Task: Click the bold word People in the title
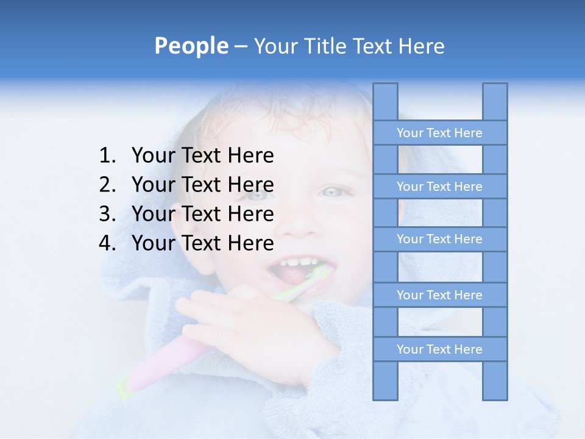(191, 46)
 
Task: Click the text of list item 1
(202, 156)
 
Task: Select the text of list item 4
(202, 243)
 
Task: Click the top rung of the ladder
(439, 133)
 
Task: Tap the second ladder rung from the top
(439, 187)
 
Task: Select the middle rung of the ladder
(439, 239)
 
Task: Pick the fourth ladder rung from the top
(439, 295)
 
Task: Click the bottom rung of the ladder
(439, 349)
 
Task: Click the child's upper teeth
(299, 262)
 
